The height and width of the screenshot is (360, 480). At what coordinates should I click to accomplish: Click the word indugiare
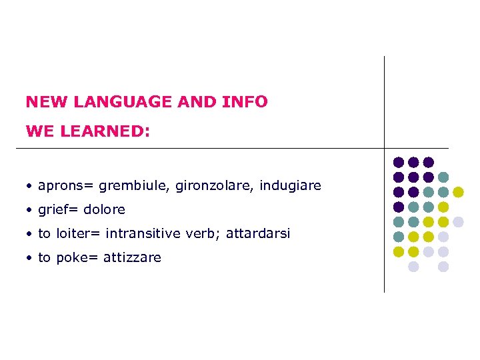pos(290,185)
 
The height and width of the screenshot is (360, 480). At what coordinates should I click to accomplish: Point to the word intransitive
pos(145,233)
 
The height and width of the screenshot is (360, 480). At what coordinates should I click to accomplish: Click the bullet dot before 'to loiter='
pos(30,234)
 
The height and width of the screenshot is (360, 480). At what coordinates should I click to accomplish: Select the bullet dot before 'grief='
pos(30,210)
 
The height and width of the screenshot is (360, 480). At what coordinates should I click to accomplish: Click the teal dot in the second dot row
pos(443,177)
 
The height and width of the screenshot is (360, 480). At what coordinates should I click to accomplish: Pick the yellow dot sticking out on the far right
pos(458,192)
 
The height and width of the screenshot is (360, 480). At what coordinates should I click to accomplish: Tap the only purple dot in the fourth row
pos(399,207)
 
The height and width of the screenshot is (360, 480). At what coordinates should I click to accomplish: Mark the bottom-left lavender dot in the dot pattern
pos(413,266)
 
